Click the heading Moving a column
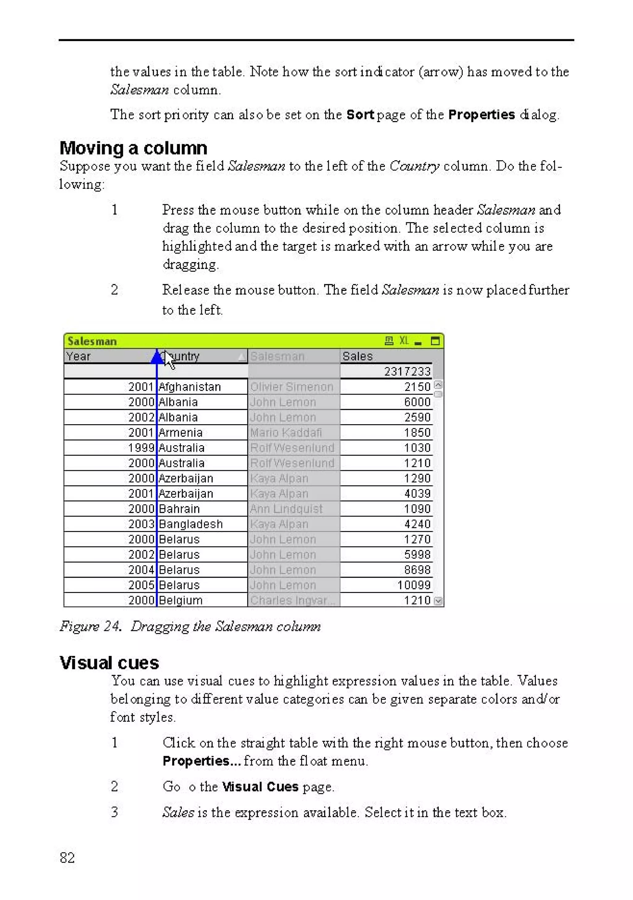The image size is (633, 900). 133,148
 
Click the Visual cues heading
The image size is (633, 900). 109,663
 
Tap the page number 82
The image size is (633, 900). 67,858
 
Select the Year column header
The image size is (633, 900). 79,356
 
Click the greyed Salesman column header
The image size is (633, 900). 277,356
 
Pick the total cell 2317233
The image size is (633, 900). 407,371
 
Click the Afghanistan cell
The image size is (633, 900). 190,387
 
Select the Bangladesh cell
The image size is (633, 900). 191,524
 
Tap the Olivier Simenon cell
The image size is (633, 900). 292,387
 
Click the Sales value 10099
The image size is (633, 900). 414,585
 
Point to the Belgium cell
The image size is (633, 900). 181,600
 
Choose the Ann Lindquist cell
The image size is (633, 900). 286,509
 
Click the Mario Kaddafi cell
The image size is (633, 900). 286,433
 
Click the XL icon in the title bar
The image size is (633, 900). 404,341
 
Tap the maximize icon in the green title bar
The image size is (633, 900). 435,341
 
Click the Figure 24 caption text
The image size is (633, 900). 190,626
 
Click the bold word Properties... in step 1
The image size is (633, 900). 202,761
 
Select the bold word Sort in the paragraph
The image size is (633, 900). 360,114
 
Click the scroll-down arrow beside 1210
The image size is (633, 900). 439,601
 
